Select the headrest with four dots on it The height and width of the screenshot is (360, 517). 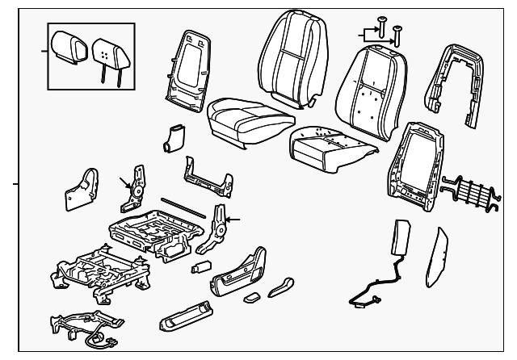[107, 53]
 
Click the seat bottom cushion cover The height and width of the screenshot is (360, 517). [247, 118]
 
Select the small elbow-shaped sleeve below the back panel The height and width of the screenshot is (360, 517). [171, 139]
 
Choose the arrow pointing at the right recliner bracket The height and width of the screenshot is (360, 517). [235, 219]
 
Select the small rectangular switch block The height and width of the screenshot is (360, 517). [201, 266]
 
